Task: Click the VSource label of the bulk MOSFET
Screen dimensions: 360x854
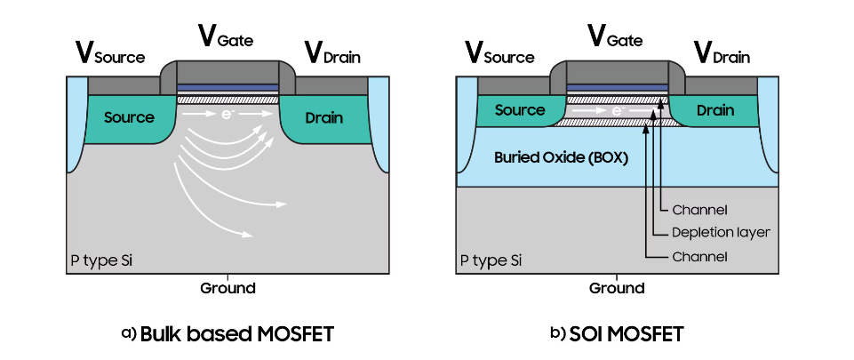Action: coord(109,53)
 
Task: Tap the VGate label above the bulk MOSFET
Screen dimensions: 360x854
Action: coord(227,36)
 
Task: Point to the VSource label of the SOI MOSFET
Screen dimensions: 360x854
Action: coord(499,53)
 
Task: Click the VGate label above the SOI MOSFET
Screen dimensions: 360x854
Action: coord(617,36)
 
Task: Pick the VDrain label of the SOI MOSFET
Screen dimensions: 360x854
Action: coord(721,53)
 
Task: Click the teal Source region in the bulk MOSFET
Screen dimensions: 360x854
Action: coord(129,117)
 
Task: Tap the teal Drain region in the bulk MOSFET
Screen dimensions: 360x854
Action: coord(324,117)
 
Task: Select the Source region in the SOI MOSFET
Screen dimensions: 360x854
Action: coord(520,110)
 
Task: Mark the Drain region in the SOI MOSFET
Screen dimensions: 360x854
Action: coord(715,110)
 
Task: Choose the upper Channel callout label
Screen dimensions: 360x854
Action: coord(700,210)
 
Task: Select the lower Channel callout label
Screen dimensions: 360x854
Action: coord(700,257)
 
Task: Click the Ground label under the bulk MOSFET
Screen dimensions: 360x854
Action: coord(227,288)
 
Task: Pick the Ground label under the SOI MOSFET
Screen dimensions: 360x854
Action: coord(617,288)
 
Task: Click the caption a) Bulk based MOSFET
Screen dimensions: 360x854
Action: coord(227,334)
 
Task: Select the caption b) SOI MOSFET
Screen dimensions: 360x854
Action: coord(617,334)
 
